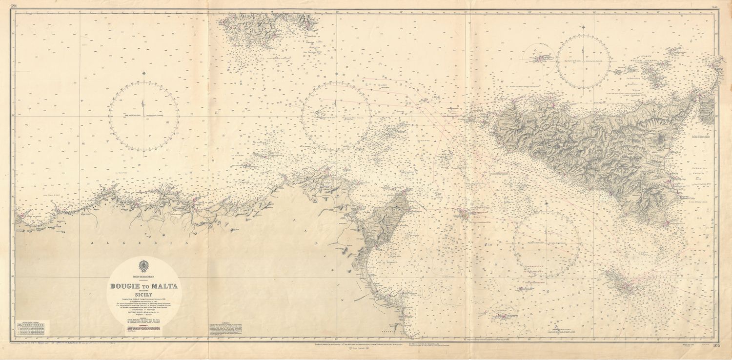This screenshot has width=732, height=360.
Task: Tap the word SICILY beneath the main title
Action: point(143,295)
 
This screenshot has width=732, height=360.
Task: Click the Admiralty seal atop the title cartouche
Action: point(143,267)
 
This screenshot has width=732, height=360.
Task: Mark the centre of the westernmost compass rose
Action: point(144,116)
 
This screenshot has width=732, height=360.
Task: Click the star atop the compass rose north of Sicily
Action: point(584,25)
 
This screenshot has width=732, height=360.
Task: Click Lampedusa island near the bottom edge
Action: point(501,317)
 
